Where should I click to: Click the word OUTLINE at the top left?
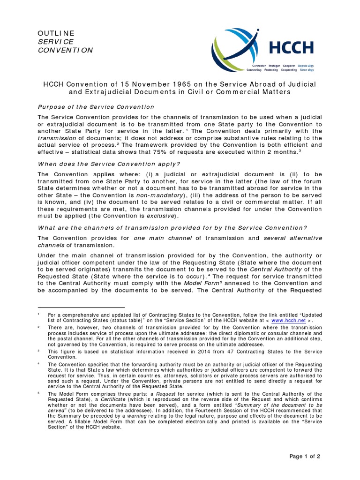coord(56,33)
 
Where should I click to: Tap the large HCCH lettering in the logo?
coord(290,47)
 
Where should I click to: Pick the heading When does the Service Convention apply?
coord(109,164)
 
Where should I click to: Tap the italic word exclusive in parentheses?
coord(161,216)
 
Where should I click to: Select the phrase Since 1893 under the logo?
coord(305,69)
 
